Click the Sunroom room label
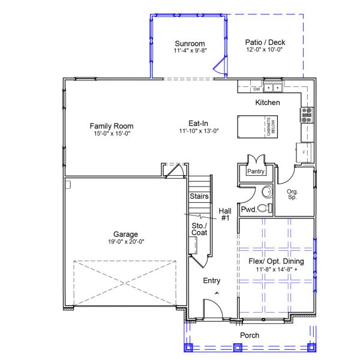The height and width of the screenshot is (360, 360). point(190,43)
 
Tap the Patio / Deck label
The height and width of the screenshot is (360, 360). point(265,43)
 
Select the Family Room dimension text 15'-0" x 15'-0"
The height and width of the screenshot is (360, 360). point(111,134)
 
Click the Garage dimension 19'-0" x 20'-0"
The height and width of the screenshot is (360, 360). point(126,241)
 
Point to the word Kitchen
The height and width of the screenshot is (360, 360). point(268,103)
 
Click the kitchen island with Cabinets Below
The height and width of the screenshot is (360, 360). point(253,126)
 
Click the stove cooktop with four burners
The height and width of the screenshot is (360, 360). point(307,115)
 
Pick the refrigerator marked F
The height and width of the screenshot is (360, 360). point(304,152)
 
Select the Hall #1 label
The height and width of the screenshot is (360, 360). point(225,215)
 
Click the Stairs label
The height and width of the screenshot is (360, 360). point(199,196)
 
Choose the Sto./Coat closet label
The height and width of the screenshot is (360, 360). point(199,229)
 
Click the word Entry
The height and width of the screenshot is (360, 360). point(212,281)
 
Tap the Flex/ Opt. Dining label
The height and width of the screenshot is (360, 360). point(276,262)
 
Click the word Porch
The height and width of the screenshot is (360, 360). point(250,335)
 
